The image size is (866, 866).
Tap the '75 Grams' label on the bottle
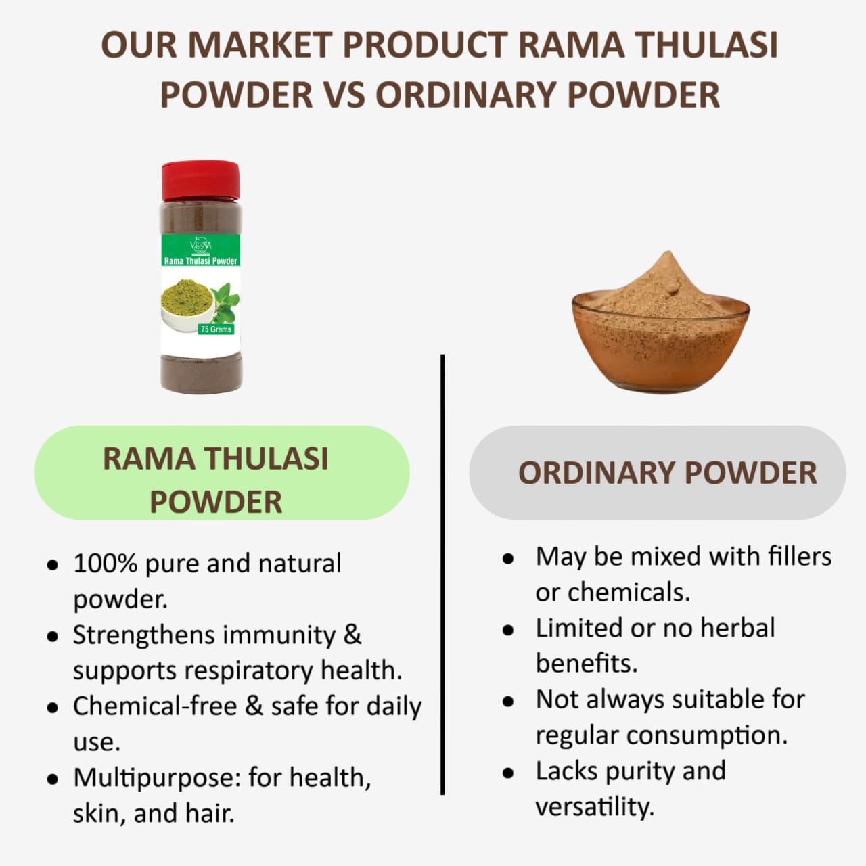point(216,329)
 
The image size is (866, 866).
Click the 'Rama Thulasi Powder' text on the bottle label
point(201,261)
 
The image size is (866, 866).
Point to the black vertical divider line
point(442,575)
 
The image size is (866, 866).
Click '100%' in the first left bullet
point(105,564)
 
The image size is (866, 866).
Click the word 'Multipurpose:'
point(156,777)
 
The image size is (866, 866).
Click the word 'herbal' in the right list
point(737,628)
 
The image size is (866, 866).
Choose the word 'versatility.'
point(595,806)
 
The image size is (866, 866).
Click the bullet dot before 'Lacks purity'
point(509,773)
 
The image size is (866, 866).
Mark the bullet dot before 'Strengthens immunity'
point(52,637)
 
